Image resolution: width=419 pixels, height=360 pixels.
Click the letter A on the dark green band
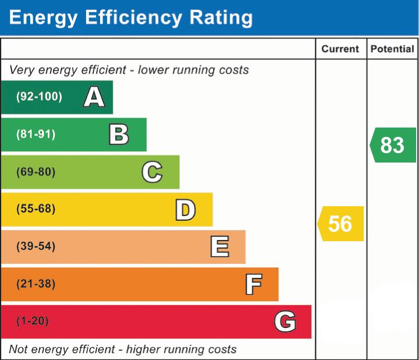point(94,97)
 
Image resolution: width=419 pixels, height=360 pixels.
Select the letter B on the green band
point(119,135)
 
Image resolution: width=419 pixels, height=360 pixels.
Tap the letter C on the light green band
point(152,172)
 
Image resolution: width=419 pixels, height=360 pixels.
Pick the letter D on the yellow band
point(185,210)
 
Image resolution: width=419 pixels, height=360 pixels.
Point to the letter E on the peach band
point(219,247)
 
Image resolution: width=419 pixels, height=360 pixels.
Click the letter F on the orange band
point(253,284)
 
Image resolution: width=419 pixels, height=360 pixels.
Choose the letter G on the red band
point(285,322)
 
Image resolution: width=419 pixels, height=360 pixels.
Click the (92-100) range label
point(39,97)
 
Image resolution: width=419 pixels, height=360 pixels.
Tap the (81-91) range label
point(36,135)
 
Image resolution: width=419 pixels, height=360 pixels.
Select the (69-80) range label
point(36,172)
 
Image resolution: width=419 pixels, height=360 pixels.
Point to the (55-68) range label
point(36,209)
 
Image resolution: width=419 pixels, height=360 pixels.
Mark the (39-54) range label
point(36,246)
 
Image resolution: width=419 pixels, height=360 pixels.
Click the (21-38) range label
point(36,284)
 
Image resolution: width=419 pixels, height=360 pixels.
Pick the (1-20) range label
point(33,321)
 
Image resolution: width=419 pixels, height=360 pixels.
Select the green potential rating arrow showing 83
point(393,144)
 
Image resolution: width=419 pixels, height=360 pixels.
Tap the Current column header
point(340,50)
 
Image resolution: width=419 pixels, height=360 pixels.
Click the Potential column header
point(392,50)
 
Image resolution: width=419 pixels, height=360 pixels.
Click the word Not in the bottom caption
point(19,350)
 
